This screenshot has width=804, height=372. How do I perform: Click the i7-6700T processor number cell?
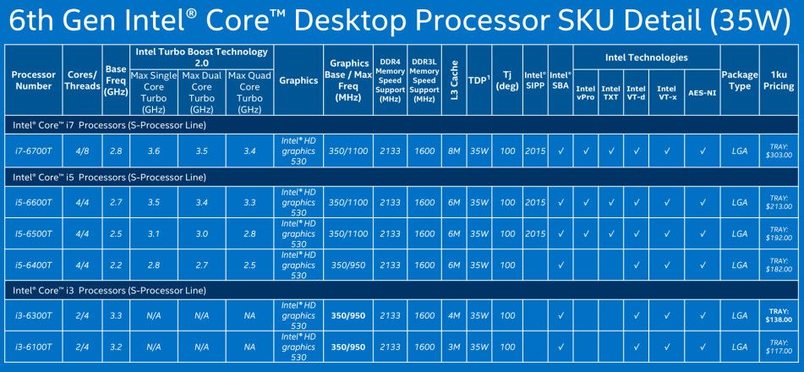[33, 151]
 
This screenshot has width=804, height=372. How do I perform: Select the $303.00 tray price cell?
[779, 151]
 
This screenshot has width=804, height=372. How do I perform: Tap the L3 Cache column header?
[454, 80]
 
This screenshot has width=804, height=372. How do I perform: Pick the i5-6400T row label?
[33, 265]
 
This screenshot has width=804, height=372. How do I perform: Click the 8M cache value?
[454, 151]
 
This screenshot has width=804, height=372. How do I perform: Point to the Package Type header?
[740, 80]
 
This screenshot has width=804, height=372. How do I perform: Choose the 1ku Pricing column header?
[779, 80]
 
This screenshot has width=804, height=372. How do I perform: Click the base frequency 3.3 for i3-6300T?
[117, 315]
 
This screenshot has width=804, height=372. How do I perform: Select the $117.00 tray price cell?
[779, 347]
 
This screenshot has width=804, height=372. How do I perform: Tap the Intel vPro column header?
[586, 93]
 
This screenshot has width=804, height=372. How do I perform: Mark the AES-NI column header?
[702, 93]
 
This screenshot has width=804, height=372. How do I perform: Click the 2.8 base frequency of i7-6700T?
[117, 151]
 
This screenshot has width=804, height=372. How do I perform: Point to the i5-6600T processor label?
[33, 203]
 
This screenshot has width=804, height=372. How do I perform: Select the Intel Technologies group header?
[646, 57]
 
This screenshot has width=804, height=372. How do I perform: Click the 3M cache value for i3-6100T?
[454, 347]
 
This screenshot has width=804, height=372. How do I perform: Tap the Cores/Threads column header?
[82, 80]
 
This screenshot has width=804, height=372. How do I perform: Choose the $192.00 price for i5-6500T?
[779, 233]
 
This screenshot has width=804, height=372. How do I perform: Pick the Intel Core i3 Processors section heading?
[110, 291]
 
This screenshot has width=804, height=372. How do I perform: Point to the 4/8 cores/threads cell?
[82, 151]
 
